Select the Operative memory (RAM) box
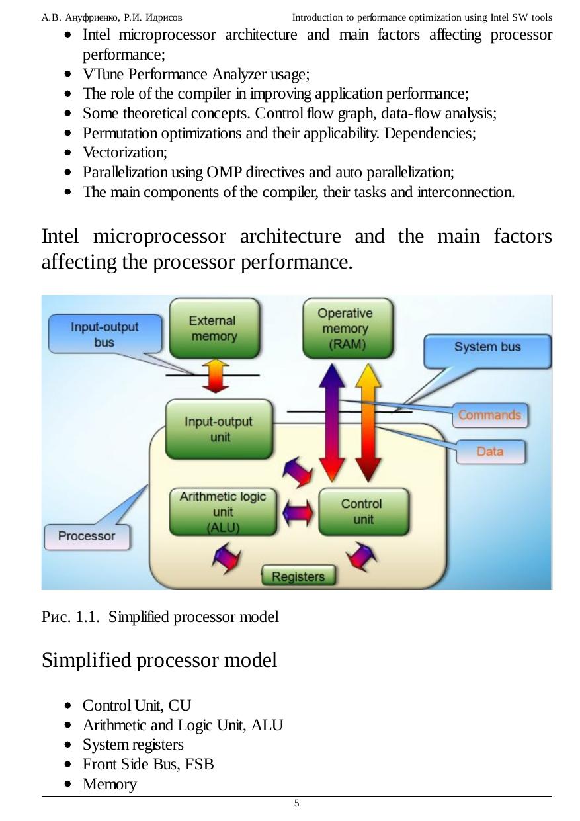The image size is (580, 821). (x=347, y=328)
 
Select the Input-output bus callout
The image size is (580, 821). (x=104, y=334)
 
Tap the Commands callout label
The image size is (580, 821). (x=489, y=415)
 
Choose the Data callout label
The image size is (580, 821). (x=490, y=452)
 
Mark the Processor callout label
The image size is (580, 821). (x=87, y=537)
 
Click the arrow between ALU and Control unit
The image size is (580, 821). (x=298, y=511)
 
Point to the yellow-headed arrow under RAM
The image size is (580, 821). (x=369, y=423)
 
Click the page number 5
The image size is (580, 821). (x=296, y=804)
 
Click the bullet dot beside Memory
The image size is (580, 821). (x=69, y=785)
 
